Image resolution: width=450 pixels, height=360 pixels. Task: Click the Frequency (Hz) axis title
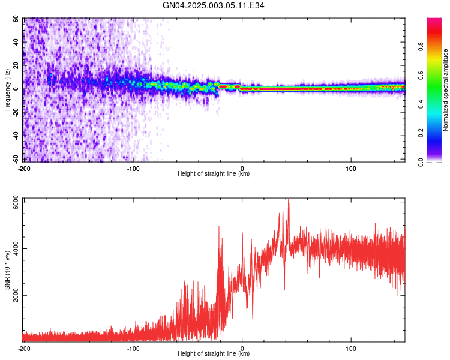[7, 90]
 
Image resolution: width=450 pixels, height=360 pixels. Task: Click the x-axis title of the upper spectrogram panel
[214, 174]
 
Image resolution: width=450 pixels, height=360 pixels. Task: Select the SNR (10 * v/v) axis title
[7, 270]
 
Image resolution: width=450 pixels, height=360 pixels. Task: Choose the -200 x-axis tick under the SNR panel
[24, 349]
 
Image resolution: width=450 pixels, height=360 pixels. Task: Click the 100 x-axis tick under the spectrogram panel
[351, 169]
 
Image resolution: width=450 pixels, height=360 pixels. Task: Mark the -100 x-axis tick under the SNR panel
[133, 349]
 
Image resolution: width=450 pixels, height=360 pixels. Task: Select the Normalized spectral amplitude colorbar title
[446, 90]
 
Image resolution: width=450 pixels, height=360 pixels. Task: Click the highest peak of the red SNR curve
[289, 200]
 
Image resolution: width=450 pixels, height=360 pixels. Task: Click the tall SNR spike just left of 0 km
[218, 227]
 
